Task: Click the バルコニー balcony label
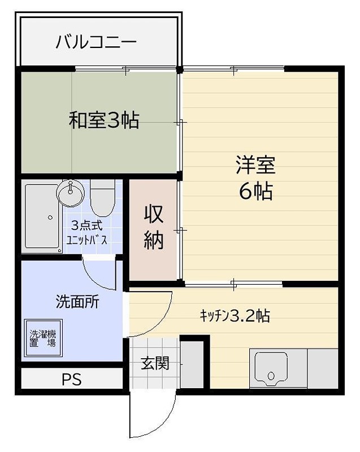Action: coord(96,42)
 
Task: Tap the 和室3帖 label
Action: coord(104,120)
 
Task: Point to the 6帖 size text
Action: coord(255,192)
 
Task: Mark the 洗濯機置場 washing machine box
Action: coord(43,337)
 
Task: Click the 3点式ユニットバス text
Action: coord(86,233)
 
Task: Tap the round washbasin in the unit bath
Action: coord(70,193)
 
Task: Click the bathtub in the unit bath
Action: coord(43,218)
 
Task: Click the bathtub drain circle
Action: coord(50,218)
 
